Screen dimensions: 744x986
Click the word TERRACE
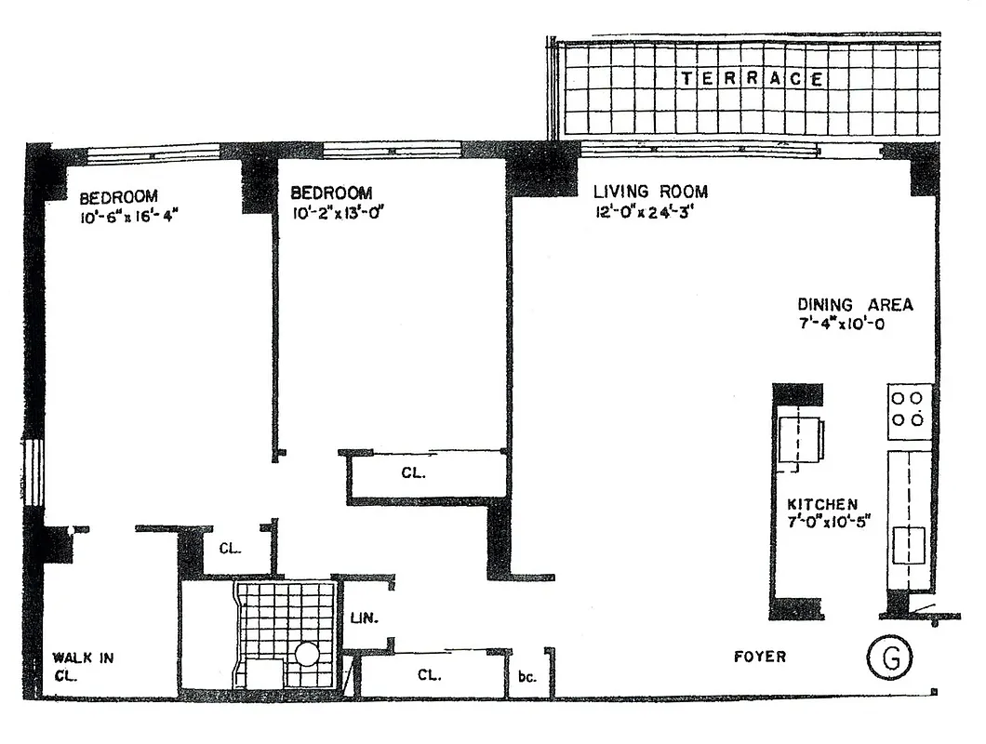pyautogui.click(x=752, y=79)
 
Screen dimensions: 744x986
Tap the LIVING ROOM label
pyautogui.click(x=650, y=193)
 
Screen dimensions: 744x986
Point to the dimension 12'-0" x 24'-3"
pyautogui.click(x=649, y=212)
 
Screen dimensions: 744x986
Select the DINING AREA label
pyautogui.click(x=855, y=305)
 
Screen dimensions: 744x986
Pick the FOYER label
pyautogui.click(x=759, y=658)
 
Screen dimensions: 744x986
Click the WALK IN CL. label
pyautogui.click(x=82, y=666)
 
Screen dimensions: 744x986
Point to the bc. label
pyautogui.click(x=526, y=677)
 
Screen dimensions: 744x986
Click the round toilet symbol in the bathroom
pyautogui.click(x=307, y=655)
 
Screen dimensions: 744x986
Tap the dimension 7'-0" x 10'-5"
pyautogui.click(x=819, y=524)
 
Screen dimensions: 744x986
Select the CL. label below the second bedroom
pyautogui.click(x=413, y=473)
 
